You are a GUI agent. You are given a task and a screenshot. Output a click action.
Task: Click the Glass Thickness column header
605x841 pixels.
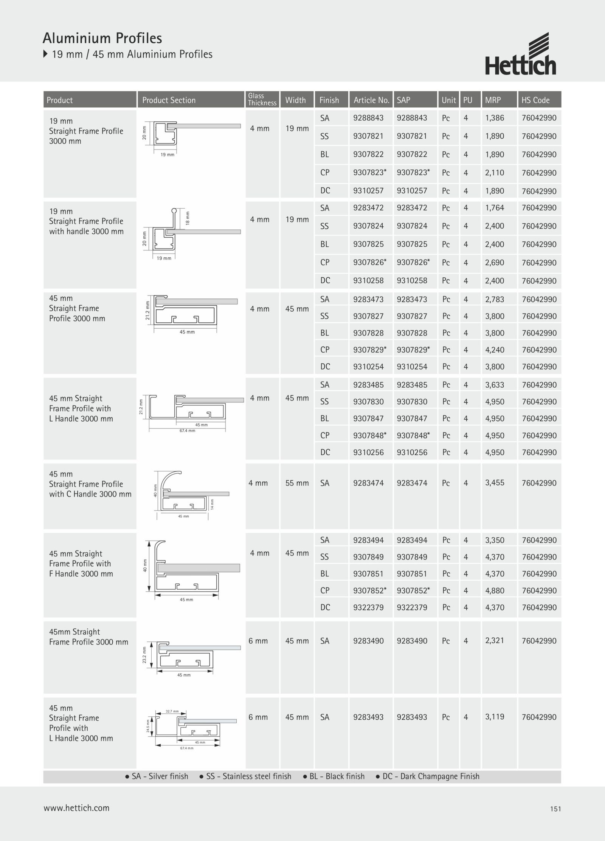click(262, 99)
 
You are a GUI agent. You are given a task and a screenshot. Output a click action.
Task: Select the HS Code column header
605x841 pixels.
click(535, 100)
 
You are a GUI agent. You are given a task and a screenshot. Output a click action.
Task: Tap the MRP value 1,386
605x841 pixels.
click(495, 118)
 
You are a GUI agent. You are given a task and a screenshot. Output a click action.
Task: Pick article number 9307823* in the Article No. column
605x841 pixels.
click(370, 173)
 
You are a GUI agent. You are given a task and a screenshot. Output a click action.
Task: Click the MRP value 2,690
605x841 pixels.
click(495, 263)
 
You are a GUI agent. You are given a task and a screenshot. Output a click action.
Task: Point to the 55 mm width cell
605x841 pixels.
click(297, 483)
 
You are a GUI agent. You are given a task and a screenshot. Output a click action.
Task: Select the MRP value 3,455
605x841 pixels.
click(495, 482)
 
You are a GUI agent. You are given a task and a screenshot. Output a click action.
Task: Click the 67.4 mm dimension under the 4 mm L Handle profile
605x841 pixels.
click(187, 431)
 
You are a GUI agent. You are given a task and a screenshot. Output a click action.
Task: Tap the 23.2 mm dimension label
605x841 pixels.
click(144, 655)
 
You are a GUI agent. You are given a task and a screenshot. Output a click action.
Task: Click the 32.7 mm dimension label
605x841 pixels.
click(172, 711)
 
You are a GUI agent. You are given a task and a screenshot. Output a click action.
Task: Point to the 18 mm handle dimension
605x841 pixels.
click(188, 218)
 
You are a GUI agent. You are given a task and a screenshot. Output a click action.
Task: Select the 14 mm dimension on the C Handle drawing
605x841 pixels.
click(212, 504)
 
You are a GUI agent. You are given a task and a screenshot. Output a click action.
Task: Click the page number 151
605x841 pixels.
click(555, 809)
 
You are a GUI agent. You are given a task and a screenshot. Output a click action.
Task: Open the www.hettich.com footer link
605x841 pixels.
click(76, 808)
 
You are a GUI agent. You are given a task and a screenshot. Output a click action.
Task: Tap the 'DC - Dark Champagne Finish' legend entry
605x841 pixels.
click(427, 776)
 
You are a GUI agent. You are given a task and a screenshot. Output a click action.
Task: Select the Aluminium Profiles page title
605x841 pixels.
click(102, 38)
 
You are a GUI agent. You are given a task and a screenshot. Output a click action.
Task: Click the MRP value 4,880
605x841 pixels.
click(495, 591)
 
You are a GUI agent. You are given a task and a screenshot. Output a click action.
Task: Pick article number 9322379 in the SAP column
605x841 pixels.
click(412, 608)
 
